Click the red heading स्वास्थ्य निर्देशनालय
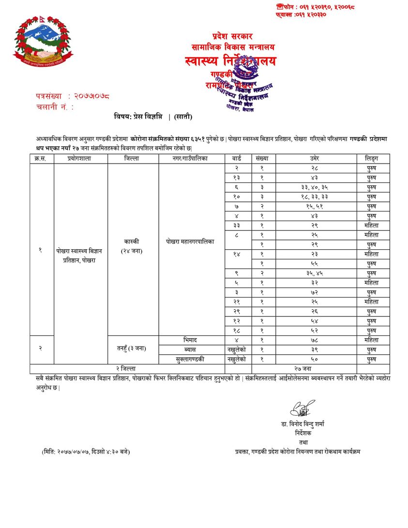(x=230, y=61)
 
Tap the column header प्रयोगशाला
(x=80, y=158)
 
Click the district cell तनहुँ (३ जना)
(x=133, y=349)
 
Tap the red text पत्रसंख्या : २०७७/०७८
(x=73, y=96)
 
